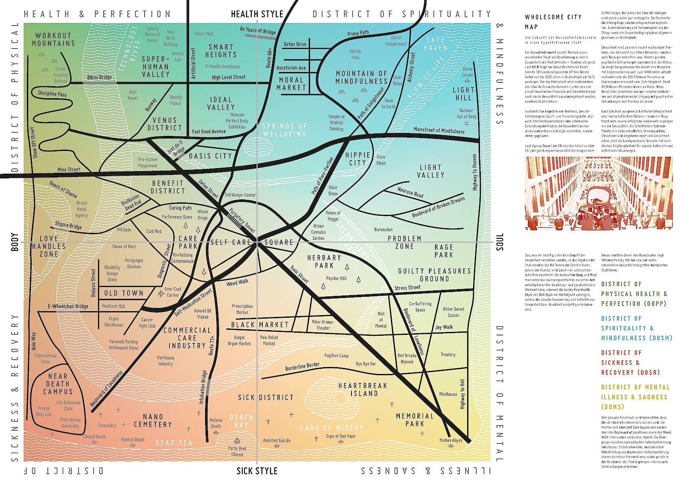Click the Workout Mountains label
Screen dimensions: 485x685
pos(53,39)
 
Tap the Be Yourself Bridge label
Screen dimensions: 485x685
pos(257,30)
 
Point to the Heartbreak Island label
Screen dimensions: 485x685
pos(363,389)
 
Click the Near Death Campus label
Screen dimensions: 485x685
pos(57,384)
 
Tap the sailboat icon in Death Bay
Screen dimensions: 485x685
pos(237,440)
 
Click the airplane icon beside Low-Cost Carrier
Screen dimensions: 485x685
pos(161,293)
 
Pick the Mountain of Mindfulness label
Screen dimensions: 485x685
pos(361,77)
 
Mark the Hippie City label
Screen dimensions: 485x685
pos(357,159)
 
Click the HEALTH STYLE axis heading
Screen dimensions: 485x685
pos(257,14)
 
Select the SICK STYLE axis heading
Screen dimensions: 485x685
pos(257,471)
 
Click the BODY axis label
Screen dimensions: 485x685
pos(15,242)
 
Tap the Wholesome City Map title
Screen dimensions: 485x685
pos(553,22)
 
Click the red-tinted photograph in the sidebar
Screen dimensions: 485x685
pos(599,193)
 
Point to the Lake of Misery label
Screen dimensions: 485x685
pos(332,428)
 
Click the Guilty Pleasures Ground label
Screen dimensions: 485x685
pos(434,274)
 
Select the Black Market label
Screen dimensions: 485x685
pos(260,325)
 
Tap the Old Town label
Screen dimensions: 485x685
pos(124,293)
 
